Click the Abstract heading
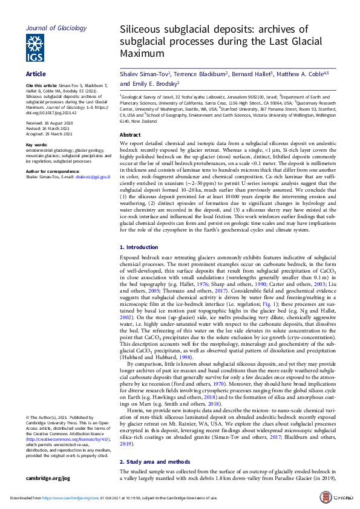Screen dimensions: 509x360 coord(130,135)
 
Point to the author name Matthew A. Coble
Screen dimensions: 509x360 coord(303,74)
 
